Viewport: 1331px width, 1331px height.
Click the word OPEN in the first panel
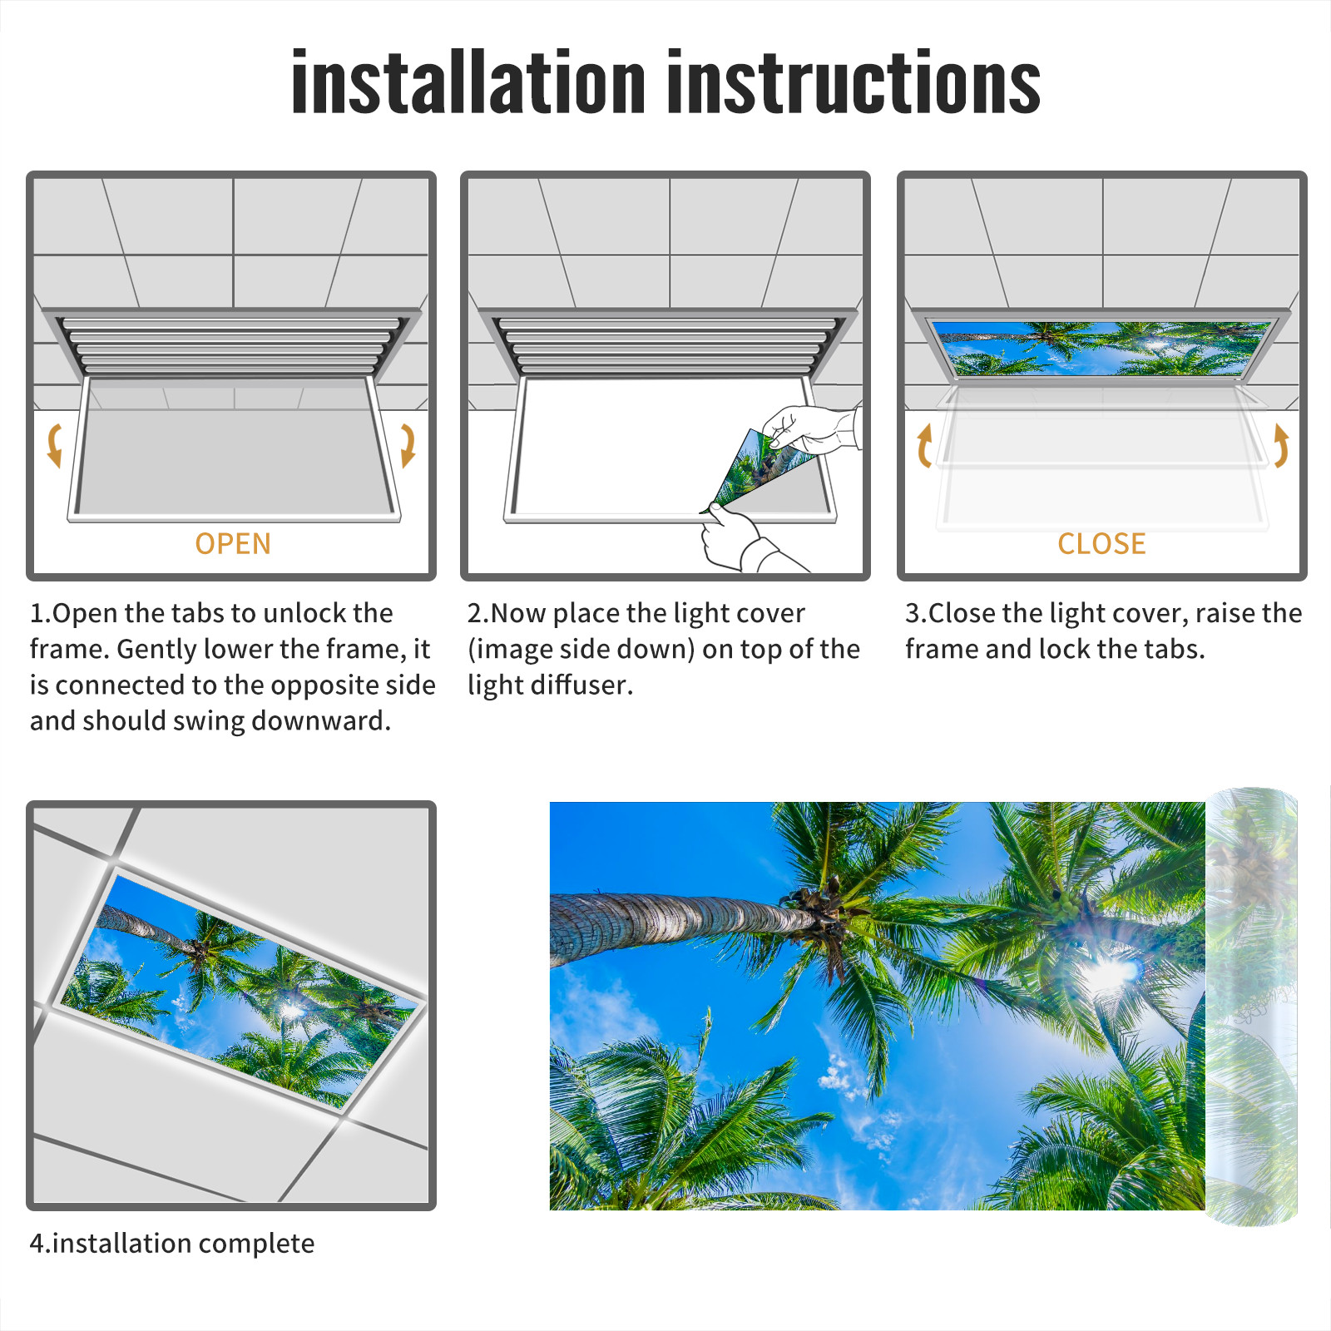(x=233, y=544)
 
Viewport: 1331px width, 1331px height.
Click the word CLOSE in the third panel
(x=1101, y=544)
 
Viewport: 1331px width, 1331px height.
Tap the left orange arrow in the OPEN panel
(x=55, y=445)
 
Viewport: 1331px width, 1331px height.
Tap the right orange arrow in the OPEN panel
(x=408, y=445)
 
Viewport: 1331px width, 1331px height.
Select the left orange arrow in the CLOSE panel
(x=924, y=445)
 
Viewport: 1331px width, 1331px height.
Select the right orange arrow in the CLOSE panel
(x=1281, y=445)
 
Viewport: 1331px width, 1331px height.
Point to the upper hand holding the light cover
(x=811, y=429)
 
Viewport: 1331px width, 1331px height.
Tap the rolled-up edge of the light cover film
(x=1252, y=1007)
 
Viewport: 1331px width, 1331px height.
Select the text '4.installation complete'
(x=172, y=1244)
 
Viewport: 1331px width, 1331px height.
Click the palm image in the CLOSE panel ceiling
(x=1101, y=348)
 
